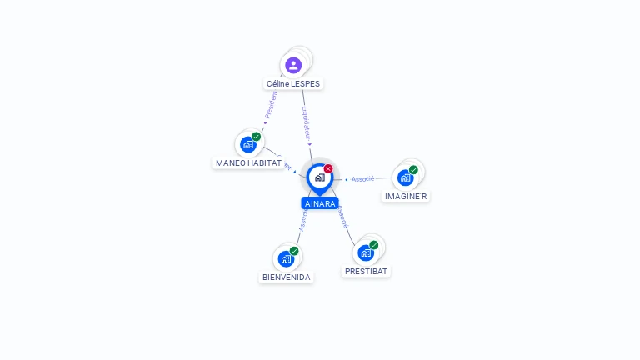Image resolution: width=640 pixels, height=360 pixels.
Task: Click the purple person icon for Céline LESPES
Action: click(292, 65)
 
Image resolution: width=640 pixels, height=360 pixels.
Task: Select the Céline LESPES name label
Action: click(293, 84)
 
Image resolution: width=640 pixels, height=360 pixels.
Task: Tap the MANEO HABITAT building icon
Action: click(248, 144)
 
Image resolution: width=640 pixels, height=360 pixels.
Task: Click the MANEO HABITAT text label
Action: click(248, 163)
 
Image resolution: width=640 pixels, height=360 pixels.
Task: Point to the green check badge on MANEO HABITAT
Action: click(257, 137)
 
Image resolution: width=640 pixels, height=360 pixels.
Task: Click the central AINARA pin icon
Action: click(319, 177)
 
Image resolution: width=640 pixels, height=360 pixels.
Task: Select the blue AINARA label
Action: click(320, 203)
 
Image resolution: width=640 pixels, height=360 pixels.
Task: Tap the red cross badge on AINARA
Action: click(328, 169)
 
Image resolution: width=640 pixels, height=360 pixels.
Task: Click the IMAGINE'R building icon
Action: click(405, 177)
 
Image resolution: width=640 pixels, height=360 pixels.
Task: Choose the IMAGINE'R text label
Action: click(406, 197)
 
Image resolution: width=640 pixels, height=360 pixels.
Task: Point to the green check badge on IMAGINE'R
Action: click(413, 170)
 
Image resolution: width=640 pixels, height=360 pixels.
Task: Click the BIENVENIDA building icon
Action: click(286, 258)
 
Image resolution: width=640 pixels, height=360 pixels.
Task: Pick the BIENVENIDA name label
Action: click(287, 277)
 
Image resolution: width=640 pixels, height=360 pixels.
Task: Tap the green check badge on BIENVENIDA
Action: click(294, 251)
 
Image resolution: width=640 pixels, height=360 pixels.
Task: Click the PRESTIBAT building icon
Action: click(365, 252)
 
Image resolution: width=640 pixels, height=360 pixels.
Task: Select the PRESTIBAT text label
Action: click(367, 272)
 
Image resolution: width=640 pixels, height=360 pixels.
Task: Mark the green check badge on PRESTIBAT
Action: click(374, 245)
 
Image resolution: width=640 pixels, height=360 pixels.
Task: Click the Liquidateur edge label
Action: click(306, 122)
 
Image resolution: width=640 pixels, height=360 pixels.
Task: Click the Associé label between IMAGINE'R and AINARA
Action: click(362, 179)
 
